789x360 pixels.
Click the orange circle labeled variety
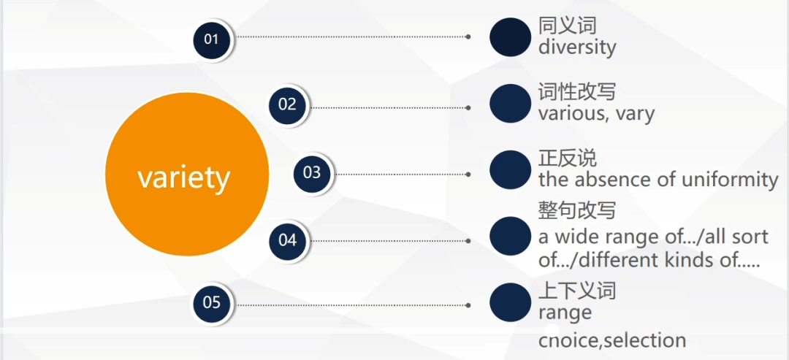point(187,175)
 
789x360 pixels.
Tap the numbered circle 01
point(211,39)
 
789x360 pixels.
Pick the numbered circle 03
point(312,173)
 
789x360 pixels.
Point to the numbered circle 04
point(287,240)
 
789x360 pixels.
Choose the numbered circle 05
point(211,303)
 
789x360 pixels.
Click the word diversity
point(577,47)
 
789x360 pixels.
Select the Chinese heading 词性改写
point(577,92)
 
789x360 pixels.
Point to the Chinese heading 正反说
point(568,158)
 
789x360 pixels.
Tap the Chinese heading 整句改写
point(577,211)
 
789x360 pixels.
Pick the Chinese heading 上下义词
point(577,290)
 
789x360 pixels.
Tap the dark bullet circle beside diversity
point(510,37)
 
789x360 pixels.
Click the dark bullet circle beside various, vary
point(510,104)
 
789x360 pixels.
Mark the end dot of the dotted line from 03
point(468,175)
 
